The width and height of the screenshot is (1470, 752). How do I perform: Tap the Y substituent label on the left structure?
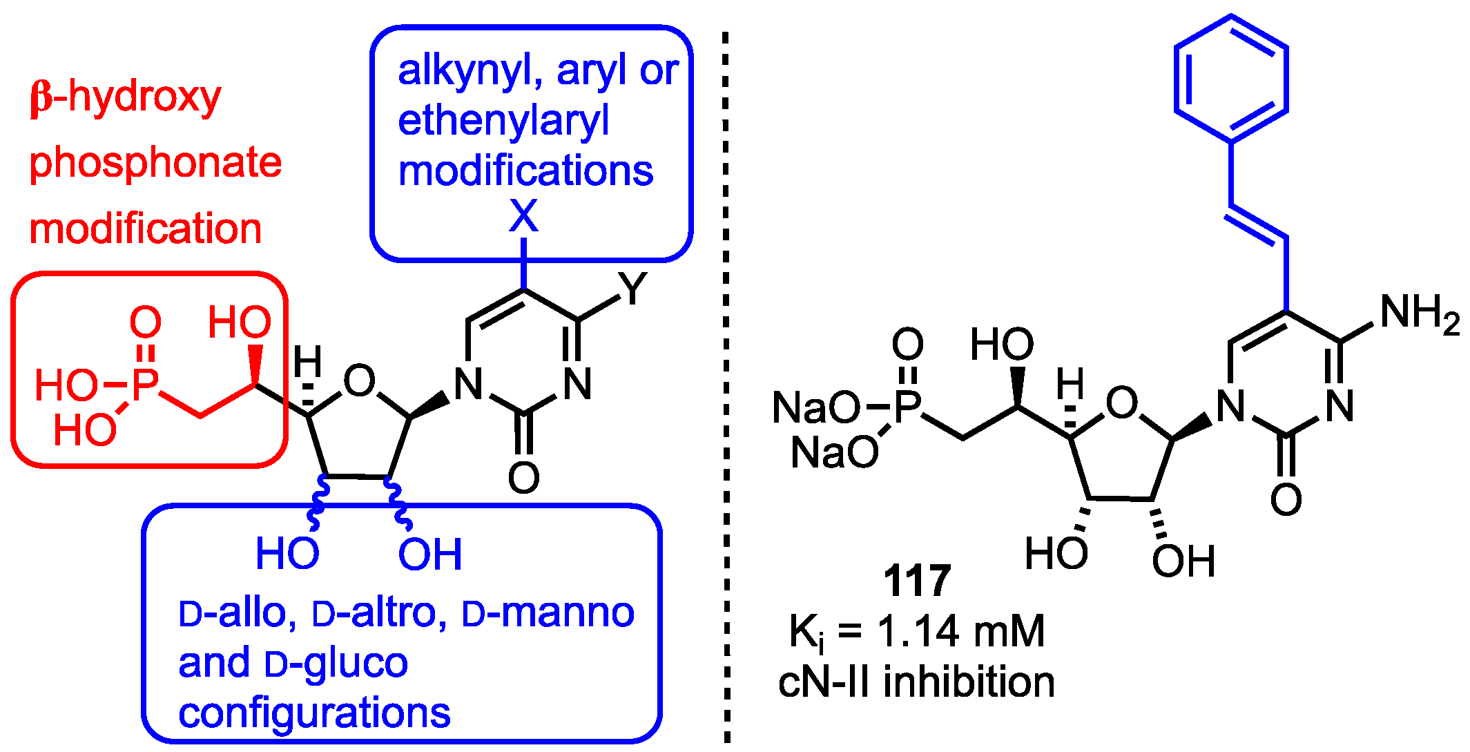pos(632,288)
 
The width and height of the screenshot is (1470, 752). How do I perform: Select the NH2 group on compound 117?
pos(1419,314)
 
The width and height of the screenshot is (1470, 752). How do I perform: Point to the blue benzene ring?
pos(1231,79)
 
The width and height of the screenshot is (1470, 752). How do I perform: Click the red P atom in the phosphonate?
pos(145,385)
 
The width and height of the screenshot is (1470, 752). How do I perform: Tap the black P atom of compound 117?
pos(908,407)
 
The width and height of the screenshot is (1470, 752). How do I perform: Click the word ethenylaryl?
pos(503,121)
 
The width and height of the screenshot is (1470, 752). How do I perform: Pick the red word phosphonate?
pos(155,162)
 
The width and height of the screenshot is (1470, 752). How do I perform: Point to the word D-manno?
pos(548,613)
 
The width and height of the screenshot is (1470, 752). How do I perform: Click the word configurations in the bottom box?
pos(314,713)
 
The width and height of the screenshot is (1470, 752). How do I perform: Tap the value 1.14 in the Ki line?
pos(918,631)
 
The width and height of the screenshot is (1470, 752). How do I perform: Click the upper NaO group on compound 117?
pos(816,407)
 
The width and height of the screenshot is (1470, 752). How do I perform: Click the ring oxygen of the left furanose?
pos(359,380)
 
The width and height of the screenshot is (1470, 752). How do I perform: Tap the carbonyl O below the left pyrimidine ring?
pos(523,477)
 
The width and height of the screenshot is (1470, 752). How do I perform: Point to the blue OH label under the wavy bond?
pos(429,554)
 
